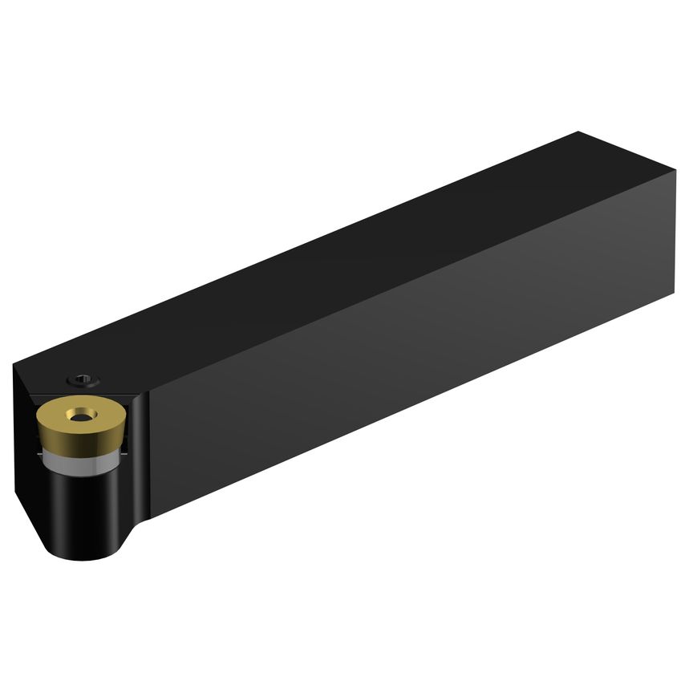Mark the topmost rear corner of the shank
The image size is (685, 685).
point(579,132)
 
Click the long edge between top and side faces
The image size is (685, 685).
point(401,289)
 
